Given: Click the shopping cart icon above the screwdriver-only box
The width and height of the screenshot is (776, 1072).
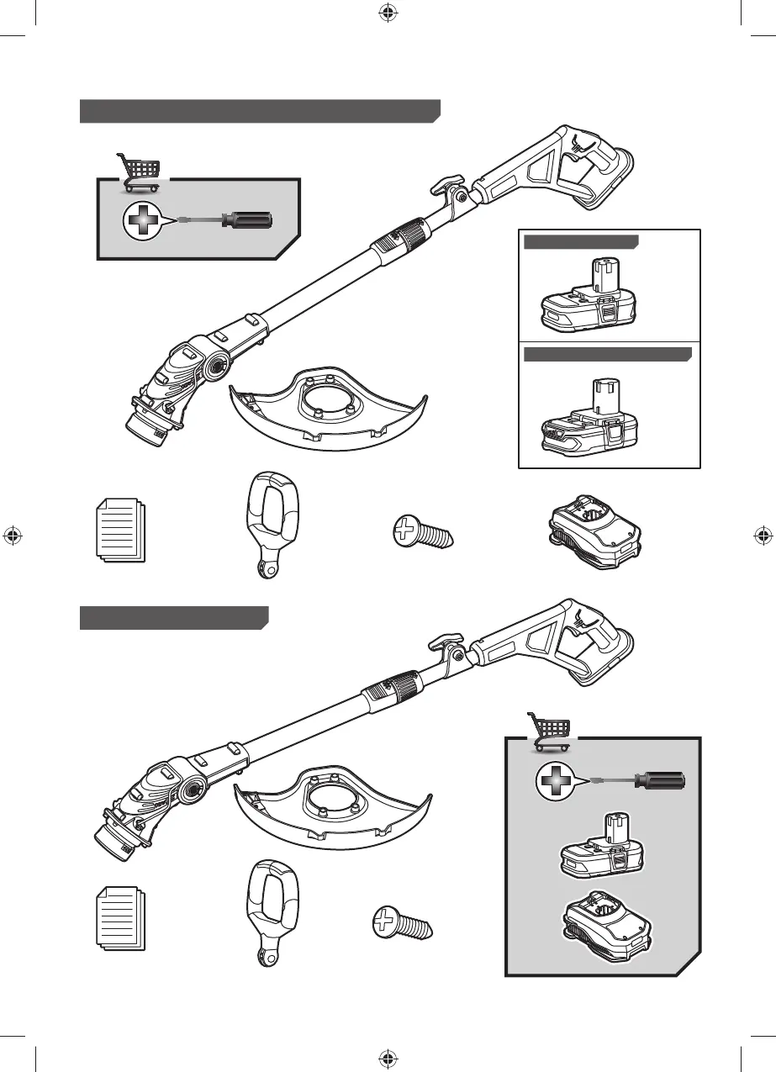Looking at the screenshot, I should click(137, 171).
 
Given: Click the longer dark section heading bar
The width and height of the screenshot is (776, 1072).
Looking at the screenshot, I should click(260, 111).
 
